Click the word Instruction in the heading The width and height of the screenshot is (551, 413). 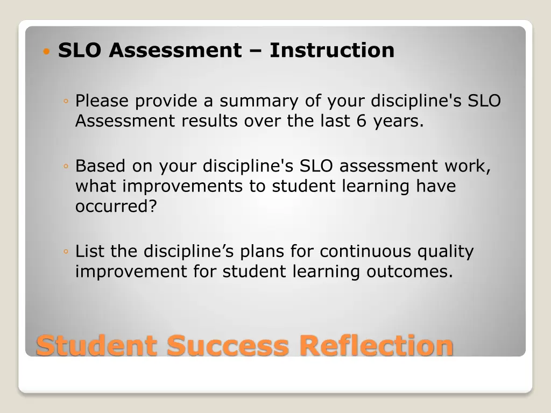332,51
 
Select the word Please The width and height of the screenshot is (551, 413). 102,101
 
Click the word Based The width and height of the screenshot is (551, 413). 101,166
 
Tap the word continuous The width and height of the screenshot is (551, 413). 366,251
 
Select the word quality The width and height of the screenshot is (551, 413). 446,251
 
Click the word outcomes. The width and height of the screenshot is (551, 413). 409,272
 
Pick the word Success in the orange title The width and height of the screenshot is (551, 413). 228,345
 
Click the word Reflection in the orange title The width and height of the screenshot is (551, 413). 377,345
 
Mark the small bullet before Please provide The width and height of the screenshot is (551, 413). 65,102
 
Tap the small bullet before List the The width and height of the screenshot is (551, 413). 65,252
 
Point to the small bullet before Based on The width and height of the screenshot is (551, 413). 65,167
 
